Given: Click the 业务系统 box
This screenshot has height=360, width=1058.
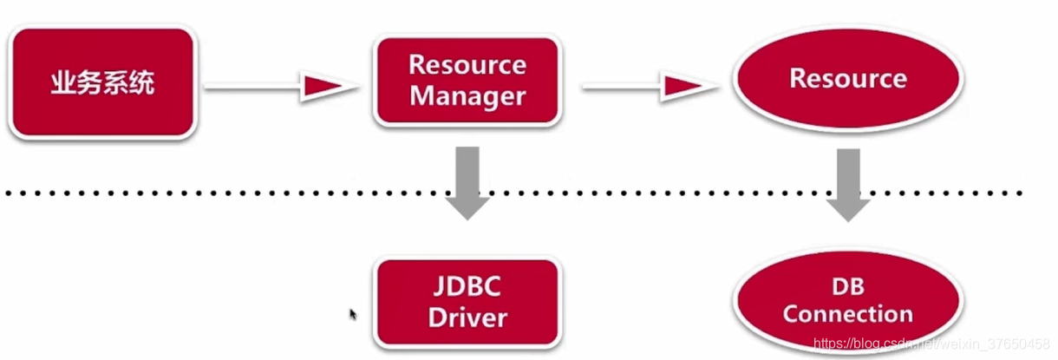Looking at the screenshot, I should pyautogui.click(x=102, y=83).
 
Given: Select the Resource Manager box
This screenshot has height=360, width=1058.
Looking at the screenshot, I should pyautogui.click(x=467, y=81).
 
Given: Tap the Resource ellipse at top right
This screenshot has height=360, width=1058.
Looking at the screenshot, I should pyautogui.click(x=848, y=79).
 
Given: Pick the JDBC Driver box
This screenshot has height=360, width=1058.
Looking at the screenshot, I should pyautogui.click(x=467, y=302).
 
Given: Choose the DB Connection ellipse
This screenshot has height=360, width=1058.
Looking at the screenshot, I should pyautogui.click(x=848, y=300).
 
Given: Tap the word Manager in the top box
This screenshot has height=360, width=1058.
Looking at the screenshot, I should pyautogui.click(x=467, y=95).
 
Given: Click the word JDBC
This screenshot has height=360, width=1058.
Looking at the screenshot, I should pyautogui.click(x=467, y=287).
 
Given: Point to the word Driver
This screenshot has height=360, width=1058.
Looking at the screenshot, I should pyautogui.click(x=467, y=317).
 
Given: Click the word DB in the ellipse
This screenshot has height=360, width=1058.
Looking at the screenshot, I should pyautogui.click(x=847, y=286).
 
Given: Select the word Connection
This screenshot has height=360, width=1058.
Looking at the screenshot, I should pyautogui.click(x=847, y=313).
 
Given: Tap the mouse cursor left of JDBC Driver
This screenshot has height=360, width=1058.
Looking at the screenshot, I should pyautogui.click(x=353, y=314).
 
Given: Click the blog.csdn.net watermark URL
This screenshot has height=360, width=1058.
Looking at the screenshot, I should pyautogui.click(x=932, y=344).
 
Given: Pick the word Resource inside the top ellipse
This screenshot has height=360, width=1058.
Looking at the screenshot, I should pyautogui.click(x=848, y=79).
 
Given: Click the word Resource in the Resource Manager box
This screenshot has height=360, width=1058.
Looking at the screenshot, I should pyautogui.click(x=467, y=65).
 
